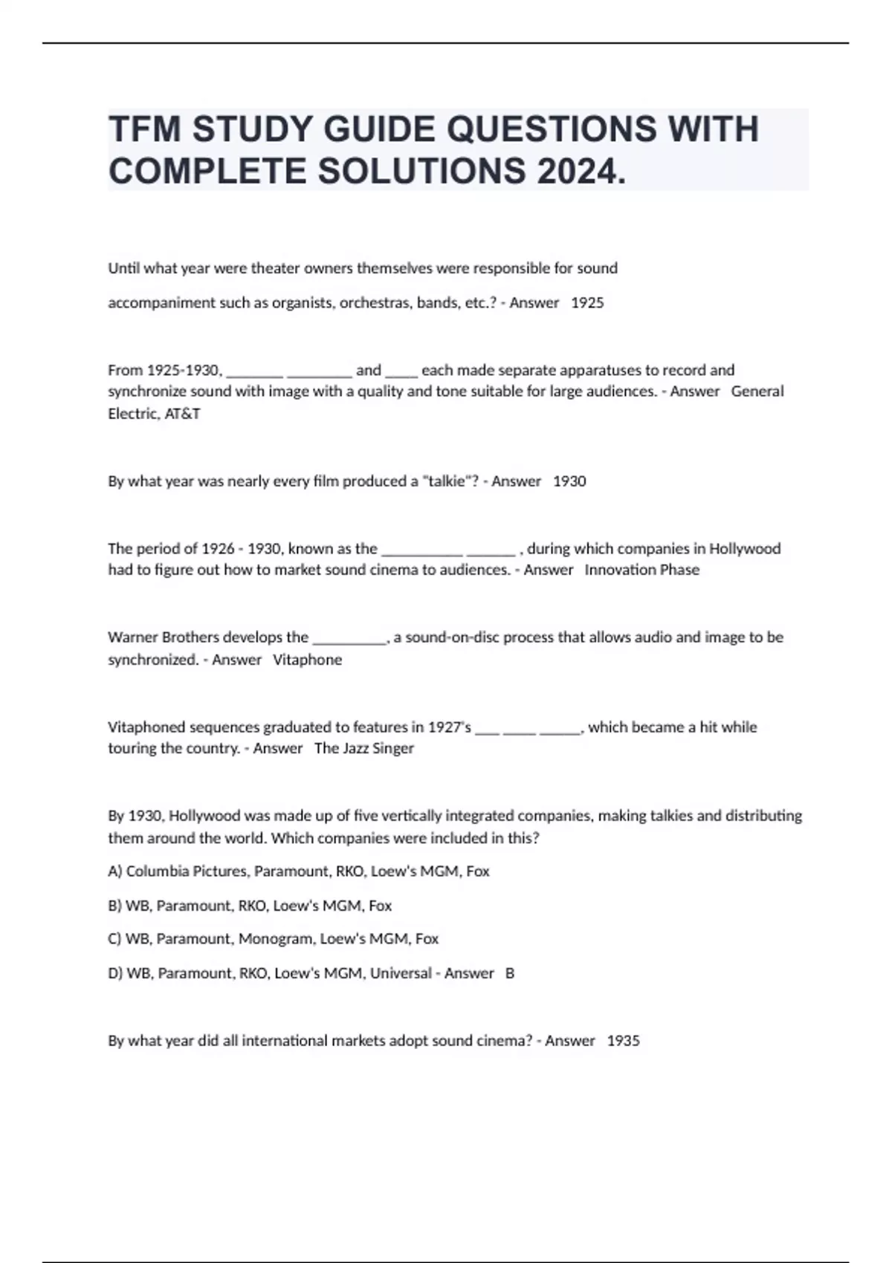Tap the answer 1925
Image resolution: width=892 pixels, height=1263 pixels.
click(x=587, y=302)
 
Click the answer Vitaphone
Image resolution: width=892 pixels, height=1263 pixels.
click(x=307, y=659)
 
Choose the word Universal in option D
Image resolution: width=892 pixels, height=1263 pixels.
click(x=401, y=973)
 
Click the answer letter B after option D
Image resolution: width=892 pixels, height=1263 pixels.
click(x=510, y=973)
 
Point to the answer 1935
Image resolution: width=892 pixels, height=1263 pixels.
click(x=623, y=1040)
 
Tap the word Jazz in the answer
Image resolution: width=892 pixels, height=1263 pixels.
click(x=356, y=747)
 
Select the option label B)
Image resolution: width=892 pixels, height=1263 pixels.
click(x=115, y=905)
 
